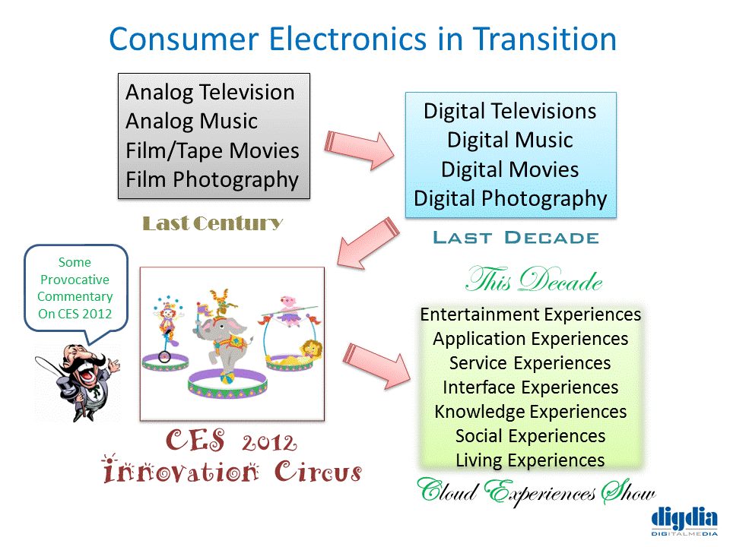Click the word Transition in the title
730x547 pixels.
pos(544,39)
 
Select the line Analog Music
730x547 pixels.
pos(192,122)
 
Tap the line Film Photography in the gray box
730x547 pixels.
pos(212,180)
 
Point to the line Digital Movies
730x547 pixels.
pos(510,169)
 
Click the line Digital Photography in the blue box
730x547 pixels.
pos(511,199)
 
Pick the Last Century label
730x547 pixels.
pos(213,223)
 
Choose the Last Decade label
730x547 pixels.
pos(516,238)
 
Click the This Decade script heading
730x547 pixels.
pos(535,280)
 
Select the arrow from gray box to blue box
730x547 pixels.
pos(359,150)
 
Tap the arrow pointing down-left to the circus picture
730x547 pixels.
pos(368,243)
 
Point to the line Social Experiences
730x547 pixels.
pos(530,436)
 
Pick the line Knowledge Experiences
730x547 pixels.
pos(530,412)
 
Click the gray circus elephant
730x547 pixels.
pos(224,344)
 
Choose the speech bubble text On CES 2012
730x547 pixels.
pos(75,314)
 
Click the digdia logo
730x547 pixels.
pos(684,521)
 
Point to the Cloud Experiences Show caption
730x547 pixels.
pos(536,492)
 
